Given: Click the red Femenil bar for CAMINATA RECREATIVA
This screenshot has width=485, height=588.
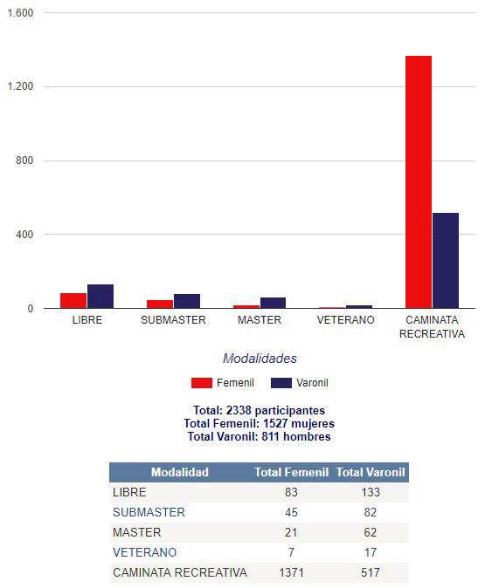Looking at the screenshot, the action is point(419,181).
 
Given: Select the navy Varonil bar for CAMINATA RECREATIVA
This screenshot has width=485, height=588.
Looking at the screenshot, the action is point(446,261).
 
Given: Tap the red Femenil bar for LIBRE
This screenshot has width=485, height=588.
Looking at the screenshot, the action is point(73,301).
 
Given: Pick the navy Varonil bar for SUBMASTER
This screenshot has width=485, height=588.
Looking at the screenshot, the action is point(187,301).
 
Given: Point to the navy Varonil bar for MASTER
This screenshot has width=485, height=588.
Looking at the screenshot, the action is point(273,303).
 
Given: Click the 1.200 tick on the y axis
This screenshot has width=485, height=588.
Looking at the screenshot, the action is point(20,86).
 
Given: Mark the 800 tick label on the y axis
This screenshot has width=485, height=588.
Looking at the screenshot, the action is point(24,161).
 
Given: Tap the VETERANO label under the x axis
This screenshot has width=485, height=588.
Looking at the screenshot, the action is point(346,320).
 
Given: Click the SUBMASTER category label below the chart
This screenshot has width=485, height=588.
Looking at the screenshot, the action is point(173,320).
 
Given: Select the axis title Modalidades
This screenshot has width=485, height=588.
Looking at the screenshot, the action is point(260,359).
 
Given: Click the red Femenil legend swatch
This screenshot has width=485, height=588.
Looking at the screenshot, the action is point(202,383).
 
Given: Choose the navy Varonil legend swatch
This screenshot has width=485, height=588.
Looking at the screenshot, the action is point(281,383).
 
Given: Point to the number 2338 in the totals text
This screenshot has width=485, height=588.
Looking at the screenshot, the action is point(239,410).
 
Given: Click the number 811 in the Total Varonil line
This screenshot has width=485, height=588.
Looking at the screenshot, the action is point(270,436).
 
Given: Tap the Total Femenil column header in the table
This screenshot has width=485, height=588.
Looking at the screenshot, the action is point(292,472).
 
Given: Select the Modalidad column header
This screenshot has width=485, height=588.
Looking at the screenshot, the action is point(179,472).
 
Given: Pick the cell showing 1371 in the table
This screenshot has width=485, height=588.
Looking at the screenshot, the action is point(291,572).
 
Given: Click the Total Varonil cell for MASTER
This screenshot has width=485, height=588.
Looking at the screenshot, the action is point(370,532).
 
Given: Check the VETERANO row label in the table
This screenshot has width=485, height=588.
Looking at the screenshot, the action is point(145,552).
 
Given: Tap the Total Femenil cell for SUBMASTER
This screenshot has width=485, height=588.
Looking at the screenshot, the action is point(291,512).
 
